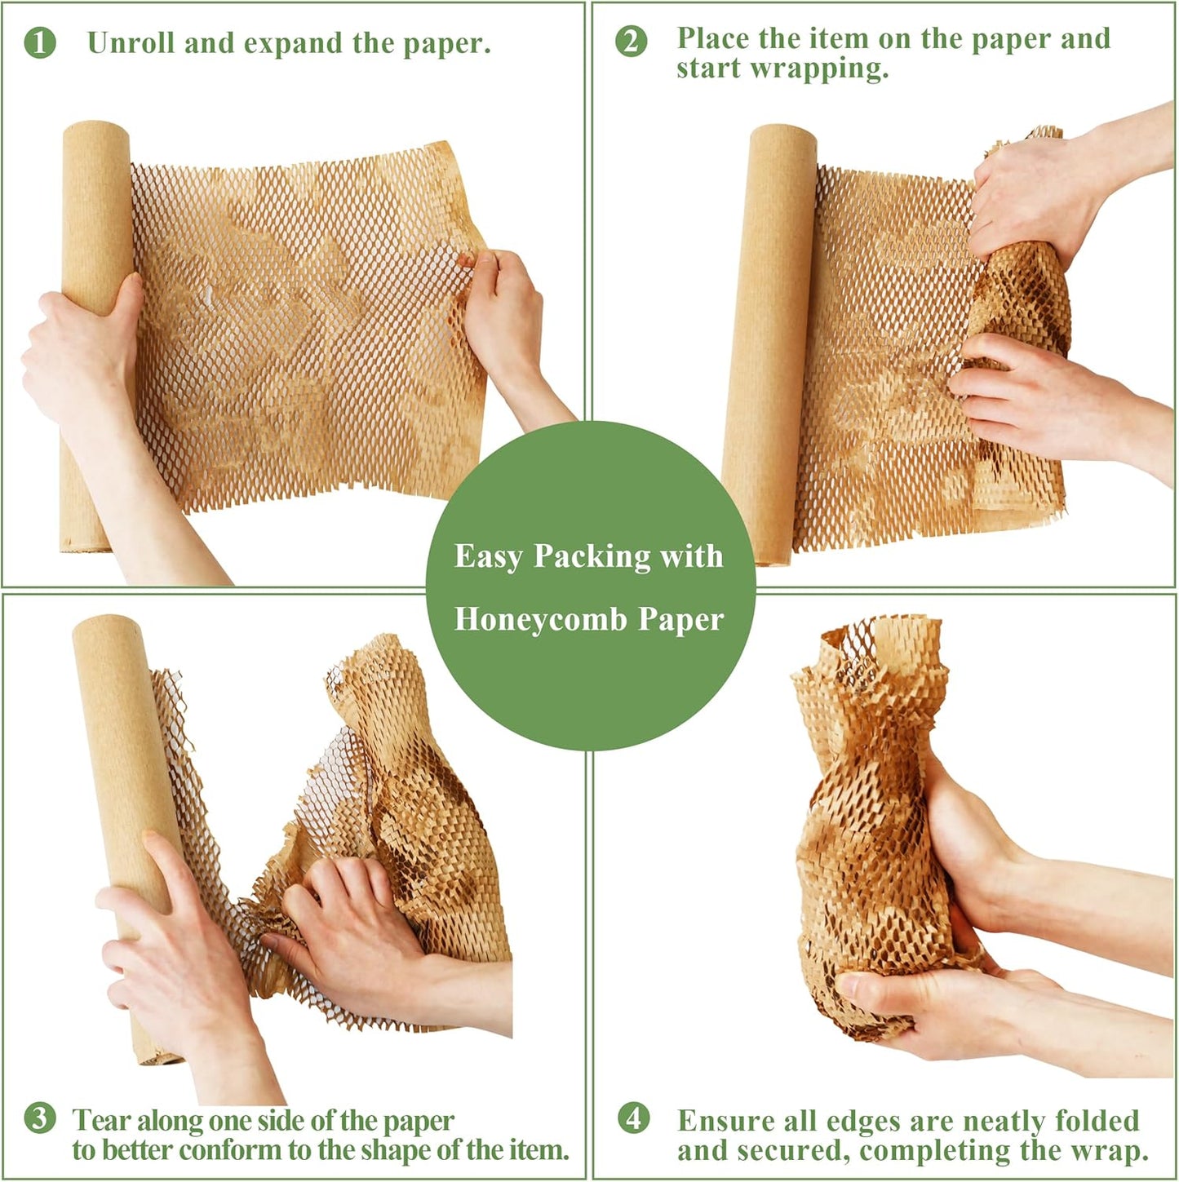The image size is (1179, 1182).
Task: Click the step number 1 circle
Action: pos(40,43)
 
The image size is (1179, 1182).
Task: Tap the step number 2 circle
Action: pos(632,42)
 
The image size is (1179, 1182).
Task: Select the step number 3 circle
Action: pos(40,1118)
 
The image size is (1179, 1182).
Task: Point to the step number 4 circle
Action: pos(634,1118)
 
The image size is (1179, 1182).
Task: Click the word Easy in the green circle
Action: pos(489,556)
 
